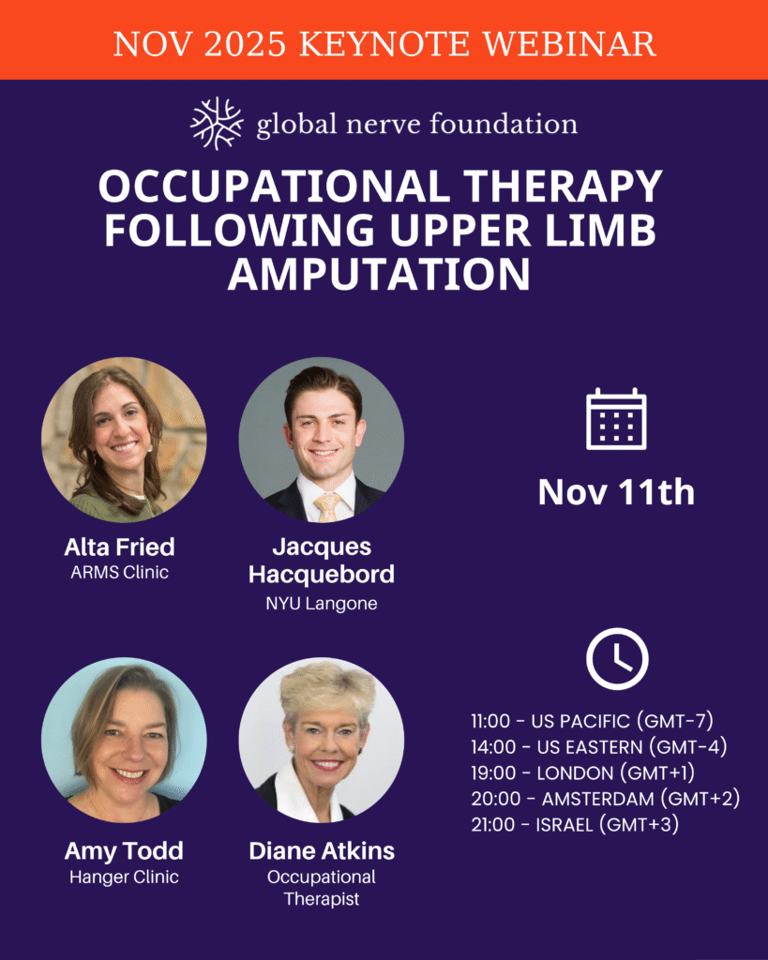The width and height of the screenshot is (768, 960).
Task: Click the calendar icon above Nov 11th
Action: tap(616, 419)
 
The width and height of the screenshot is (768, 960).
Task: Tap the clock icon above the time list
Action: tap(617, 659)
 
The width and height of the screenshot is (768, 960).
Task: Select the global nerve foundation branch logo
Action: tap(217, 123)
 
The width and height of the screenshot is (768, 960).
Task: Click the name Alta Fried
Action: tap(119, 547)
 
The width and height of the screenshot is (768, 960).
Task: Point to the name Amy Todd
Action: tap(124, 850)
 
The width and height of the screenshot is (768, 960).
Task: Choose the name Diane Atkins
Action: tap(322, 850)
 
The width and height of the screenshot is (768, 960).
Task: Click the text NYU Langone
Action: tap(322, 604)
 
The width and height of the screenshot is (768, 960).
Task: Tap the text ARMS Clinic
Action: tap(119, 573)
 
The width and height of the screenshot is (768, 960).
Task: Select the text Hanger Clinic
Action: tap(124, 877)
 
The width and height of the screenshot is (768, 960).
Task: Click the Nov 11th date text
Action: tap(616, 491)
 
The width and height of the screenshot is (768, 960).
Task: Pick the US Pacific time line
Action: tap(593, 721)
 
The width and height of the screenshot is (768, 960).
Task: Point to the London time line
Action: tap(583, 772)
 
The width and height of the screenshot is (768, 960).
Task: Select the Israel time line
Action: tap(575, 825)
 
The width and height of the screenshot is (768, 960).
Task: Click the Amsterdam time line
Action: tap(606, 799)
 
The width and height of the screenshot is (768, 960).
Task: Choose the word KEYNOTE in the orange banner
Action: tap(385, 44)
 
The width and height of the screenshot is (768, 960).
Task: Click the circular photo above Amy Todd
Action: tap(124, 740)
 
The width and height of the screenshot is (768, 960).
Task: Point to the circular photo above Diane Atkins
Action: tap(322, 740)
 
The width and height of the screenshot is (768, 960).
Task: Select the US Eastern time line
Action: tap(599, 747)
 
